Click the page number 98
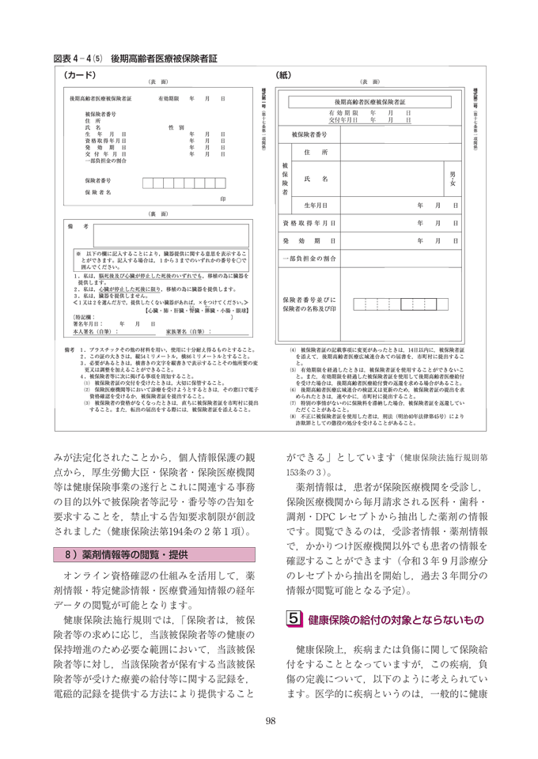pyautogui.click(x=269, y=720)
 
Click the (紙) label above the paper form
pyautogui.click(x=283, y=76)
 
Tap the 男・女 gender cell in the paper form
pyautogui.click(x=452, y=179)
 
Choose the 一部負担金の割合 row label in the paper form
pyautogui.click(x=311, y=259)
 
